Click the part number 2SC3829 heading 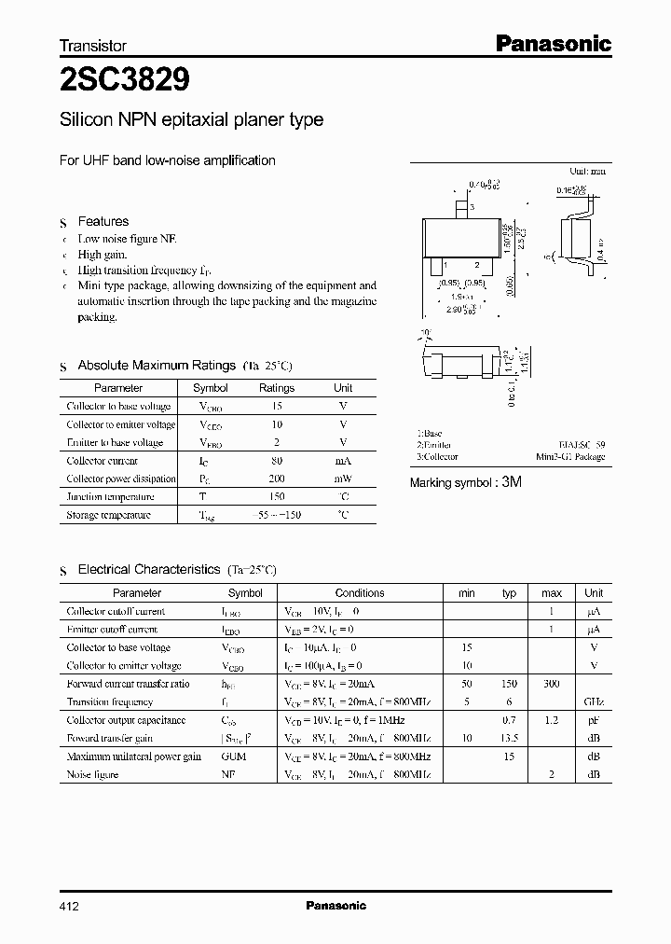point(125,81)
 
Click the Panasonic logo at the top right point(552,43)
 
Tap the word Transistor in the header point(93,45)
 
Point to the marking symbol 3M point(512,483)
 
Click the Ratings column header point(276,388)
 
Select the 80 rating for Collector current point(276,461)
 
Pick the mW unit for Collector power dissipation point(343,479)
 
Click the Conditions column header point(360,593)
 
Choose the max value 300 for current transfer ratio point(552,684)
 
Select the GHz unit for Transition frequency point(594,702)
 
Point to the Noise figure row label point(93,774)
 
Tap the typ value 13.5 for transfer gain point(509,738)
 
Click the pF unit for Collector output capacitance point(594,720)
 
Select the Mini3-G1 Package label point(570,457)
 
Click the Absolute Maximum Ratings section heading point(157,366)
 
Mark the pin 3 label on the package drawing point(472,207)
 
